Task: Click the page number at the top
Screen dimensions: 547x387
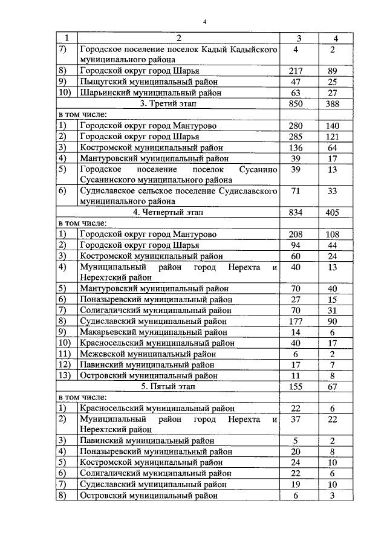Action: (x=205, y=22)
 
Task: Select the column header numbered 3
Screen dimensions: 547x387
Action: (x=296, y=39)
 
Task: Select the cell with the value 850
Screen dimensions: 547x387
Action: (x=296, y=103)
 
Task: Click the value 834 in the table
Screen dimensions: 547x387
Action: (x=296, y=212)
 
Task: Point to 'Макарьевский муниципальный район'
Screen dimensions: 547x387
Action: (x=154, y=332)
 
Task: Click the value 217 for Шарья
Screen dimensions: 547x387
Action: (x=296, y=71)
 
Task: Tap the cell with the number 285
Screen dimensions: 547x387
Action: (x=296, y=136)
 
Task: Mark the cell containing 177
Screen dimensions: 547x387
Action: (x=296, y=321)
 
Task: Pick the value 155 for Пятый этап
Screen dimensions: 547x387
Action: (x=296, y=386)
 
